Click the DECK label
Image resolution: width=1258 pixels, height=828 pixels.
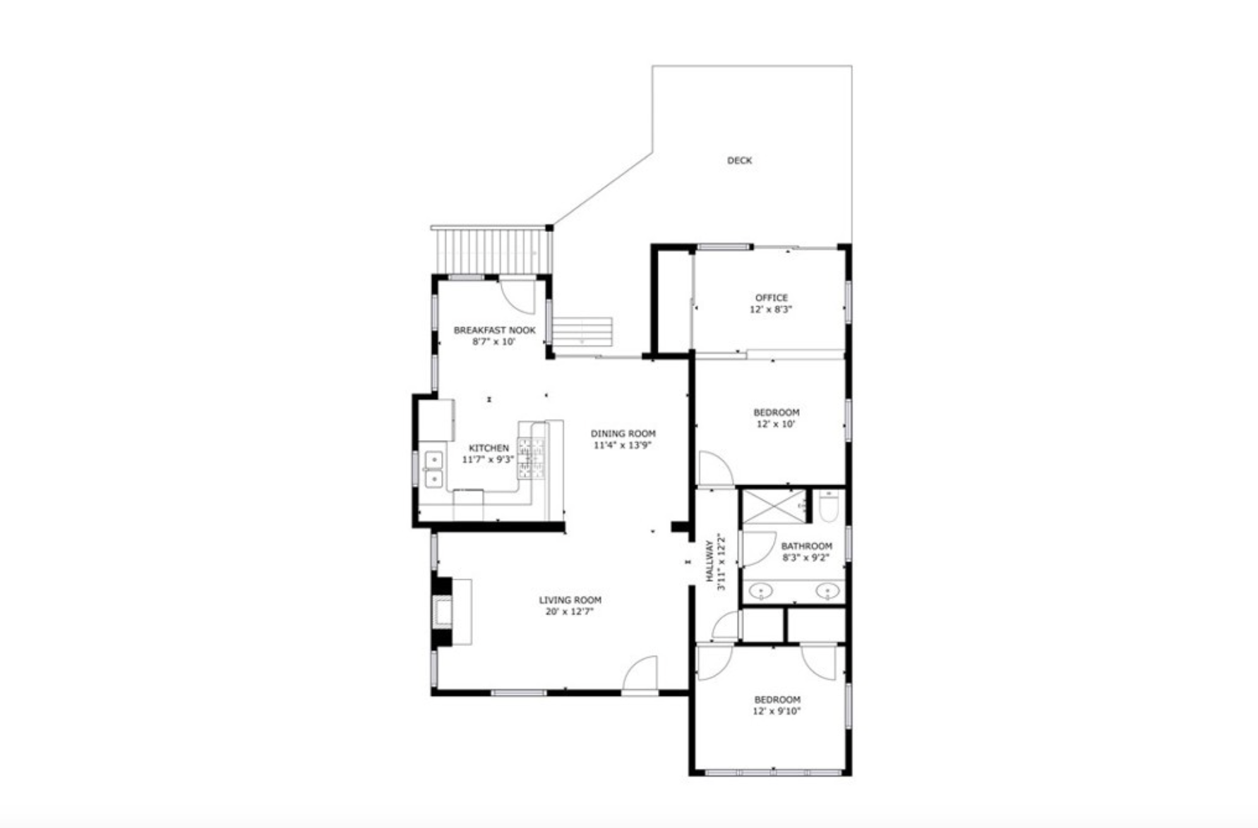739,161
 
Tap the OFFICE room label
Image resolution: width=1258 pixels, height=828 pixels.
771,298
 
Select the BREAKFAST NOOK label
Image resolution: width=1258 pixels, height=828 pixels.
494,330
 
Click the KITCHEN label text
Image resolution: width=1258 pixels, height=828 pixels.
489,448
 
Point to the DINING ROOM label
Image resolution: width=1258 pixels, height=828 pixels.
623,434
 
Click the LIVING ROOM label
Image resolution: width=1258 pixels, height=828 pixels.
570,600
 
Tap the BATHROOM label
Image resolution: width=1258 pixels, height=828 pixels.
806,546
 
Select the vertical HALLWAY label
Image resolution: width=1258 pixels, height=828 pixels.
709,561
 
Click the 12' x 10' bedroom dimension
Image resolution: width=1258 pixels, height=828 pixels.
776,425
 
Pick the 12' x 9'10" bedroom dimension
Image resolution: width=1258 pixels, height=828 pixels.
777,712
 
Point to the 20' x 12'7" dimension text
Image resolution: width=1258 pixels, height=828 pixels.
569,611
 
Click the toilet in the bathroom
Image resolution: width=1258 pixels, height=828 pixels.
829,507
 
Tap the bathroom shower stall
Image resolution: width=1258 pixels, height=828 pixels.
774,506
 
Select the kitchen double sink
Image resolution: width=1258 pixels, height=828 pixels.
433,470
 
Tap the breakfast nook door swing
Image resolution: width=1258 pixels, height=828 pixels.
518,296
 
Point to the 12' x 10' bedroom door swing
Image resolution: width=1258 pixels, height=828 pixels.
716,469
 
